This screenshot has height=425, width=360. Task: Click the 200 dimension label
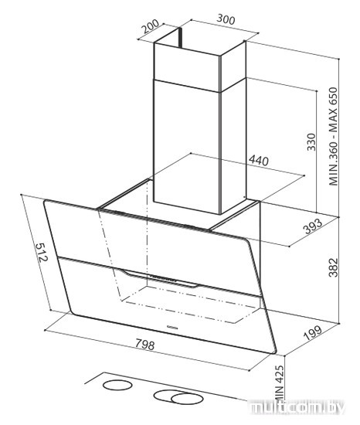tap(151, 26)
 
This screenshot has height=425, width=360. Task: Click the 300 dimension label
tap(226, 19)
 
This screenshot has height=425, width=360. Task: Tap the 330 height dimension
tap(311, 141)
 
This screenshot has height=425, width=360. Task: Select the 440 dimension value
tap(259, 161)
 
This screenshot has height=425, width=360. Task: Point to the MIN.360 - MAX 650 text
tap(334, 136)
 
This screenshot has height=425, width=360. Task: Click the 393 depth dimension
tap(313, 226)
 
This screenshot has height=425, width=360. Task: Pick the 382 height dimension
tap(334, 268)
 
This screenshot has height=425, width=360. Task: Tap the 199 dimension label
tap(313, 333)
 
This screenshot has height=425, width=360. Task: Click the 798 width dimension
tap(145, 345)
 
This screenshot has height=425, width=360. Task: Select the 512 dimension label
tap(42, 252)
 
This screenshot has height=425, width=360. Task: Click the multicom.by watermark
tap(297, 407)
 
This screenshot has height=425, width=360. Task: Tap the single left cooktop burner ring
tap(117, 385)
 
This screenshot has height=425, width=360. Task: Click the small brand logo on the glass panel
tap(172, 328)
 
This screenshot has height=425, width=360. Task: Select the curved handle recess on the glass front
tap(158, 279)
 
